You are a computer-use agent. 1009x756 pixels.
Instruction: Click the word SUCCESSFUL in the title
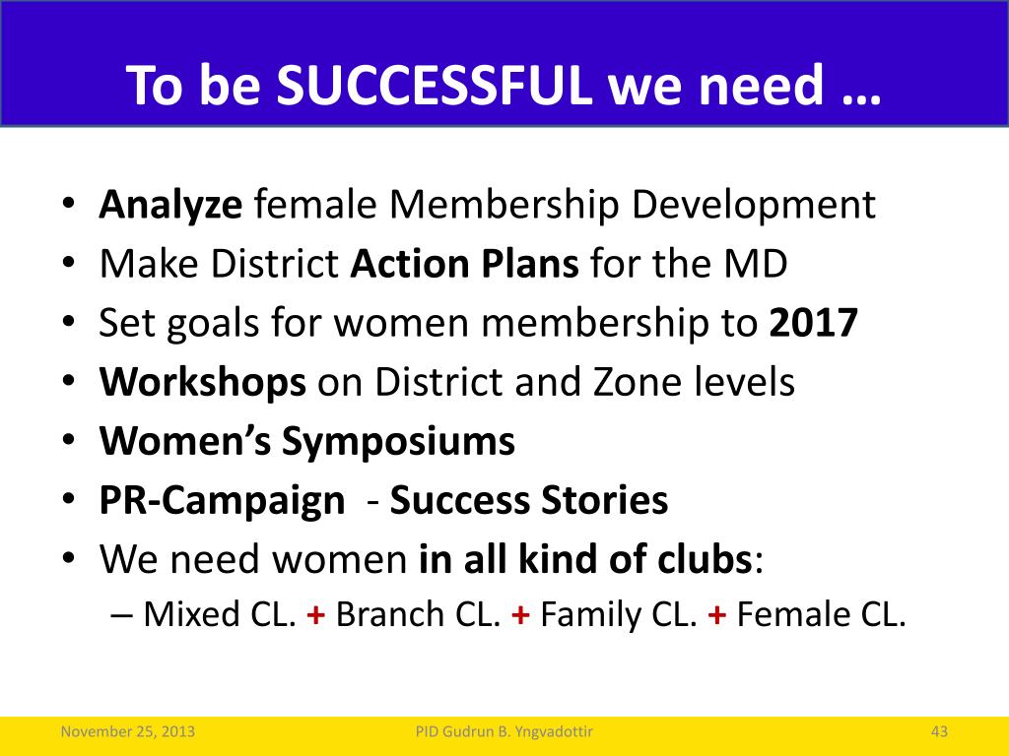435,85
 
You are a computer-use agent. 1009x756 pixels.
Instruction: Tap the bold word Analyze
170,206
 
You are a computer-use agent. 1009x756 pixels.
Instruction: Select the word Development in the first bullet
754,206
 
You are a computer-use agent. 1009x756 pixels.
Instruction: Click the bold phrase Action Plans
465,264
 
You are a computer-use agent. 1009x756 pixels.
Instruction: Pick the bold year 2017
813,323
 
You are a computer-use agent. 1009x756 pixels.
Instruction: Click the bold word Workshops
203,383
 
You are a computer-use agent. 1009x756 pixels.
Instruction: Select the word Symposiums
398,442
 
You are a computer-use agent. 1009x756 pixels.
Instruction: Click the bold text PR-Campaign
222,501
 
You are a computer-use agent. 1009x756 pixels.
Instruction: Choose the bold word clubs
704,559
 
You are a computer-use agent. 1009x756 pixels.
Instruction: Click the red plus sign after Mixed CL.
316,615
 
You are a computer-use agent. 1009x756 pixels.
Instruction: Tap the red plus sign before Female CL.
717,615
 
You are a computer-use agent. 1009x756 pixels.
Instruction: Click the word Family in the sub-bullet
591,615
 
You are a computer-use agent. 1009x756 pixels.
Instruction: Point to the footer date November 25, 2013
127,731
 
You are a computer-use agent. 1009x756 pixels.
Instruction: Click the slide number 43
939,731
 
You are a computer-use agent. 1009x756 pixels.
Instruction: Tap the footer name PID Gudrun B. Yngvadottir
504,731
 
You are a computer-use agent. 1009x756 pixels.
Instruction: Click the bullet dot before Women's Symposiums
69,442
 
